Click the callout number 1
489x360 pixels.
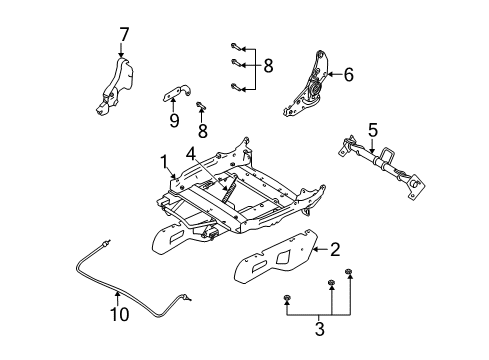coord(163,160)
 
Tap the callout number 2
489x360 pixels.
coord(336,250)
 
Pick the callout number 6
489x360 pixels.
coord(349,72)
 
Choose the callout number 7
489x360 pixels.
coord(124,36)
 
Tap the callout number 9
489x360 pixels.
coord(174,120)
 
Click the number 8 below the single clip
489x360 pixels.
coord(202,129)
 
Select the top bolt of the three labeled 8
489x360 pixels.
coord(235,46)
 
